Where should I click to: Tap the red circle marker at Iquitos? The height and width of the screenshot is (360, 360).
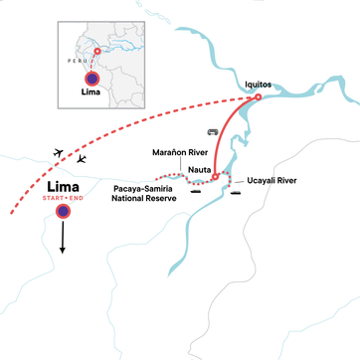pos(258,97)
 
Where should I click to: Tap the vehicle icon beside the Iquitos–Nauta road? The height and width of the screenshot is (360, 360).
pos(212,130)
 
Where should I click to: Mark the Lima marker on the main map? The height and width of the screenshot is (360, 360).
pos(65,212)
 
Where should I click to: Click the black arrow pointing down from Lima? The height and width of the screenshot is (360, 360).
pos(65,239)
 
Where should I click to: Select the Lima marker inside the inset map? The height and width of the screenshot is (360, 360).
pos(92,79)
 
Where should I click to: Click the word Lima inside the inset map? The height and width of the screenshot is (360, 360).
pos(92,97)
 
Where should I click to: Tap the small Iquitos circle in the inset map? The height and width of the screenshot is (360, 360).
pos(96,51)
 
